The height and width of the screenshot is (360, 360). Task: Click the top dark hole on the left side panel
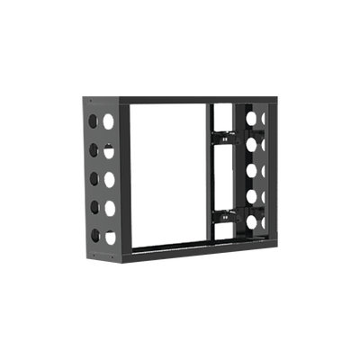pos(94,120)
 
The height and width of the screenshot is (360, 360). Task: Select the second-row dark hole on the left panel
pos(94,149)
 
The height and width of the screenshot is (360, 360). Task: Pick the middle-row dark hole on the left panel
pos(94,178)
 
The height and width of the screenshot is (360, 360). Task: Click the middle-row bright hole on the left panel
pos(110,177)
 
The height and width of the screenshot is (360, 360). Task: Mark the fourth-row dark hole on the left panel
pos(94,208)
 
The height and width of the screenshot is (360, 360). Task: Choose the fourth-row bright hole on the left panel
pos(110,207)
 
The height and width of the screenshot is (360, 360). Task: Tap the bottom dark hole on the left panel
pos(94,237)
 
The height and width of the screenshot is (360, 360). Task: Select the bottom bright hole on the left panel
pos(110,237)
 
